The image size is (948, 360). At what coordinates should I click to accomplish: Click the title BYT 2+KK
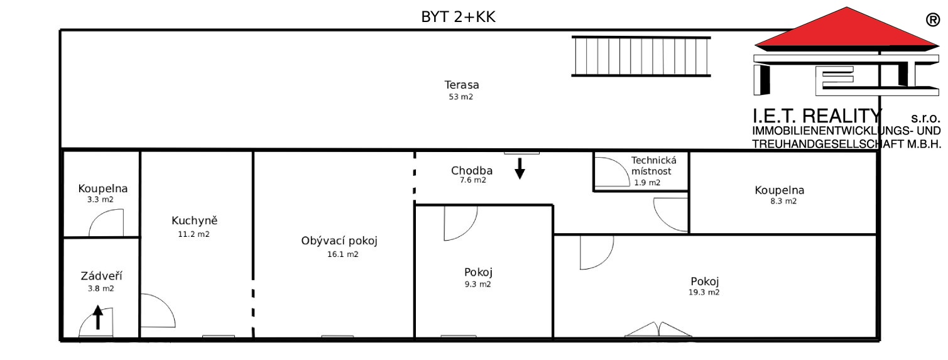coord(458,17)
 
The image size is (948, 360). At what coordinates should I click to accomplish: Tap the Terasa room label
coord(461,85)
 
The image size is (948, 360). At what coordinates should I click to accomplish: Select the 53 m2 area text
coord(461,97)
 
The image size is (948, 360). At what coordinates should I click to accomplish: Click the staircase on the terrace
coord(641,57)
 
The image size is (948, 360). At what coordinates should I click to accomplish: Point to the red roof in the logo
coord(846,30)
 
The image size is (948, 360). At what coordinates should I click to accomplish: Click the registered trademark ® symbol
coord(933,20)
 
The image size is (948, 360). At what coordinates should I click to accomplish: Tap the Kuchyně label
coord(194,221)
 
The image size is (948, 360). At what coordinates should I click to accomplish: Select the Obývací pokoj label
coord(339,241)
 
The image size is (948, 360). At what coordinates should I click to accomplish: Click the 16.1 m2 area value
coord(343,254)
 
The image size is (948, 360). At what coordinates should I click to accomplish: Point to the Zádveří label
coord(101,276)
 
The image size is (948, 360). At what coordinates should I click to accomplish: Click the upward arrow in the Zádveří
coord(98,317)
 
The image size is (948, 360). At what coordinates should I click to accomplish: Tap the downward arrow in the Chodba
coord(520,168)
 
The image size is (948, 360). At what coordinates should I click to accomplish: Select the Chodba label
coord(471,170)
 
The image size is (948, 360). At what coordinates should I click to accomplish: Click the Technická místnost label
coord(653,166)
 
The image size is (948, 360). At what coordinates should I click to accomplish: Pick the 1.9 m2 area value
coord(647,183)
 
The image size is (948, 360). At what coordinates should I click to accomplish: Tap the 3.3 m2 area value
coord(101,200)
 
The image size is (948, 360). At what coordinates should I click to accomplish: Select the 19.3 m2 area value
coord(704,292)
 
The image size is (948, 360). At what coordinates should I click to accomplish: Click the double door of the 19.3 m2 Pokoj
coord(658,330)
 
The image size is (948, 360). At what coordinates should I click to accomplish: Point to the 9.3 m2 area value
coord(478,284)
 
